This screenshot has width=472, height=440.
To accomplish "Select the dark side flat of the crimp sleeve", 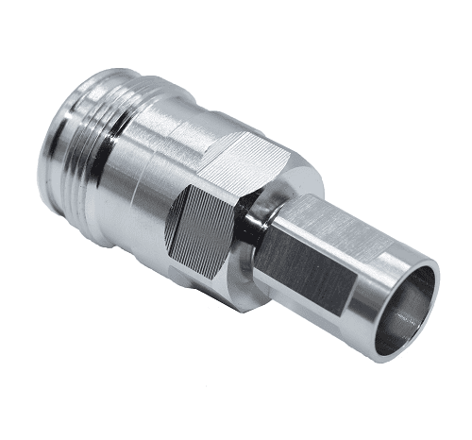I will pos(312,274).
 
